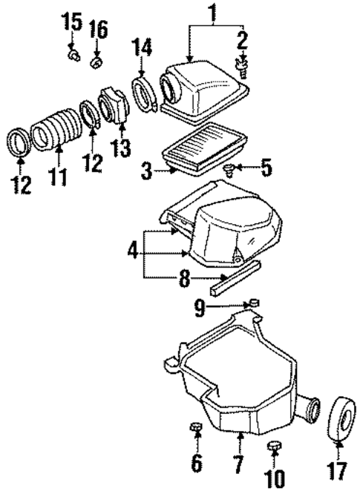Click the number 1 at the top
click(x=212, y=13)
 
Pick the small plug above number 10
click(x=275, y=446)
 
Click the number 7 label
click(x=238, y=467)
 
